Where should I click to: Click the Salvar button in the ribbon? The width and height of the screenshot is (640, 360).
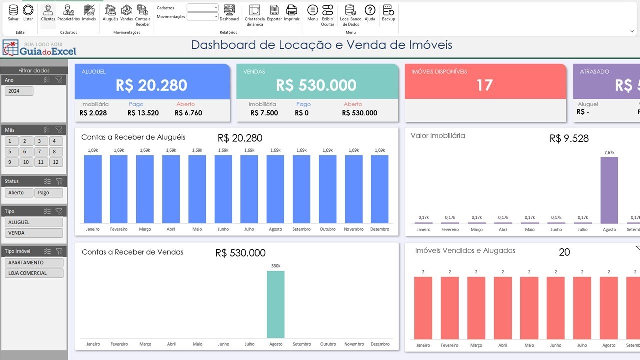click(x=13, y=13)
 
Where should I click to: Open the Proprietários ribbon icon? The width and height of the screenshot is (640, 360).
click(x=68, y=13)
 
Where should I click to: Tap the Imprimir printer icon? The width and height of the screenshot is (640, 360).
click(x=291, y=13)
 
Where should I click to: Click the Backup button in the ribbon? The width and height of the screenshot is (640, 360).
click(x=388, y=13)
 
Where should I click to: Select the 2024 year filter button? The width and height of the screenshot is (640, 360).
click(x=19, y=91)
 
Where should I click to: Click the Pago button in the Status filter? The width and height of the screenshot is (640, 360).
click(x=49, y=193)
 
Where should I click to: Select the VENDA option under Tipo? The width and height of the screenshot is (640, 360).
click(x=34, y=233)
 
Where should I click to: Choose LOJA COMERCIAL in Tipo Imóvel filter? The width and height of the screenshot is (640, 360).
click(x=34, y=273)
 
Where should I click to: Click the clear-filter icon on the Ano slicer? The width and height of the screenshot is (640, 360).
click(x=59, y=80)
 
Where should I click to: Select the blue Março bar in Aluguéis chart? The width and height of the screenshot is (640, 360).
click(x=145, y=189)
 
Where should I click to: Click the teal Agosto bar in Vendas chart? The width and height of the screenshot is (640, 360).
click(x=276, y=305)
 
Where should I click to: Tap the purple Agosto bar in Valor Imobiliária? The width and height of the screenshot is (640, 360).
click(x=609, y=190)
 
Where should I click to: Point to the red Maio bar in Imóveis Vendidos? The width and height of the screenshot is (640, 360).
click(x=529, y=308)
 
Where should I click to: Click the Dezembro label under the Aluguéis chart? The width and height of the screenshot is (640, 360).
click(x=380, y=229)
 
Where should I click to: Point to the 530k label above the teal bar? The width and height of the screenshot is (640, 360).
click(x=276, y=266)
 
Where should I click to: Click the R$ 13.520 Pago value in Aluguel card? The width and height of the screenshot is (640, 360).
click(x=143, y=113)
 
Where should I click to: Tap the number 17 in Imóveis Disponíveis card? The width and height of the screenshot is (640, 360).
click(x=485, y=85)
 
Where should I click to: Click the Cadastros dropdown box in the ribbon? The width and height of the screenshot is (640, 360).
click(x=203, y=8)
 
